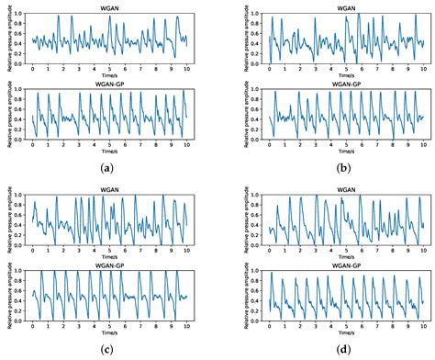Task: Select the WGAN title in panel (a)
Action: [x=109, y=6]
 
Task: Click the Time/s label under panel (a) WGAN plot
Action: [x=109, y=75]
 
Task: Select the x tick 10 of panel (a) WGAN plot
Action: [x=186, y=68]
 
